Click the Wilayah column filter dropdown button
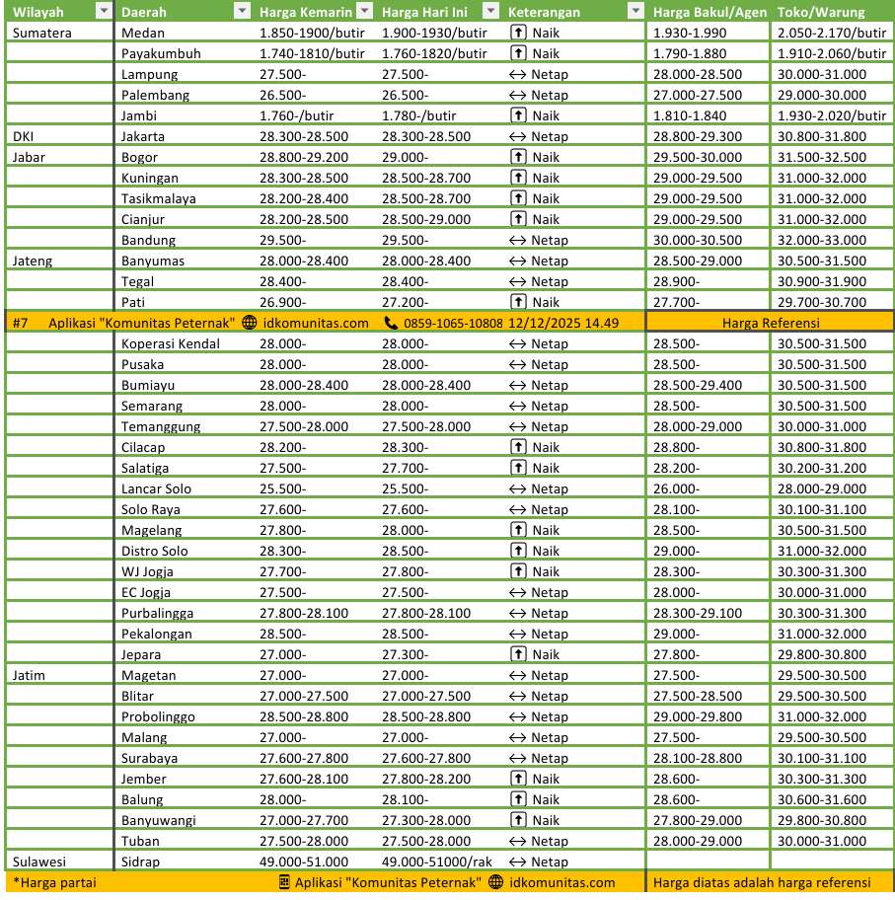104,12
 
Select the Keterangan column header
544,12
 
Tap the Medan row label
142,33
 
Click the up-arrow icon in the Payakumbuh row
518,53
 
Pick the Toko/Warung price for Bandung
821,240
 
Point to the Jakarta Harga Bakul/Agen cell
697,136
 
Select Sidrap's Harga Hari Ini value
450,862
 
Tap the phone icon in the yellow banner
391,323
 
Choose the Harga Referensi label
771,323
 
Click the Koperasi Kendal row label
171,343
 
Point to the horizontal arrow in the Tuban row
518,841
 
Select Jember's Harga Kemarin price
303,779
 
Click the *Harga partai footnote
54,882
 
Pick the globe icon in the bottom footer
495,882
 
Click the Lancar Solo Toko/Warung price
821,488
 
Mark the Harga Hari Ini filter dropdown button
490,12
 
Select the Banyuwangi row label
159,820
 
